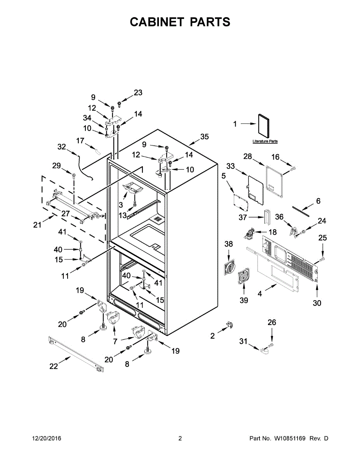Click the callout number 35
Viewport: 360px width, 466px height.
click(204, 137)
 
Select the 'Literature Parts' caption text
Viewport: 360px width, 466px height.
click(265, 141)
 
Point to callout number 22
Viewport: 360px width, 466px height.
click(54, 366)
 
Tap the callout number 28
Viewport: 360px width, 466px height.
click(248, 156)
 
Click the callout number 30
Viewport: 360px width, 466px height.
click(317, 303)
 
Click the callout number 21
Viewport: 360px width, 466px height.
click(37, 225)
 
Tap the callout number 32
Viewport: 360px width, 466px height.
click(62, 147)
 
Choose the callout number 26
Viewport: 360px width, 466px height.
click(272, 322)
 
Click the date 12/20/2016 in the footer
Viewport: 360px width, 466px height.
click(46, 438)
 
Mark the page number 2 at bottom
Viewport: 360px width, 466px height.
click(180, 438)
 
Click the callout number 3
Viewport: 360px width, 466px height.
click(121, 204)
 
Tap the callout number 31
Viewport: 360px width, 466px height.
click(243, 341)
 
